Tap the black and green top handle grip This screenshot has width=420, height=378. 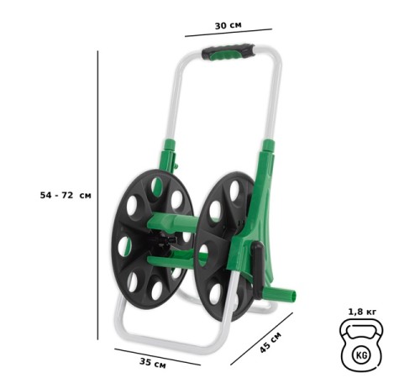(x=227, y=52)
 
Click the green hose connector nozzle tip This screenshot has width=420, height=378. (x=291, y=296)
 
